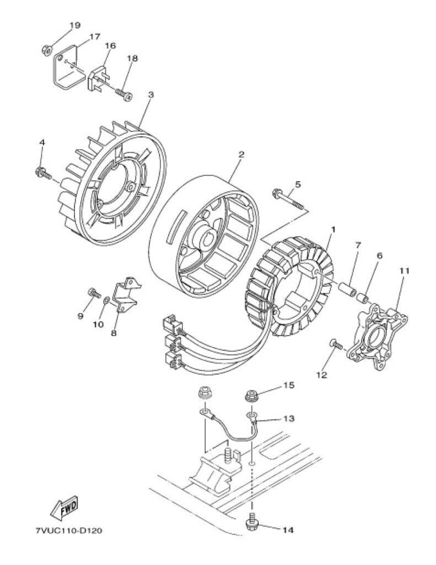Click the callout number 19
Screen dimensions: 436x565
click(75, 25)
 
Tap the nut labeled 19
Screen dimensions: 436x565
click(46, 49)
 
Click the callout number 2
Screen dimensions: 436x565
click(241, 154)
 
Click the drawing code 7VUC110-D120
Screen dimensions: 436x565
click(68, 531)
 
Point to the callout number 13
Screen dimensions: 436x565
click(289, 419)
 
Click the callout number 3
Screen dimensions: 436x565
click(151, 95)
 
